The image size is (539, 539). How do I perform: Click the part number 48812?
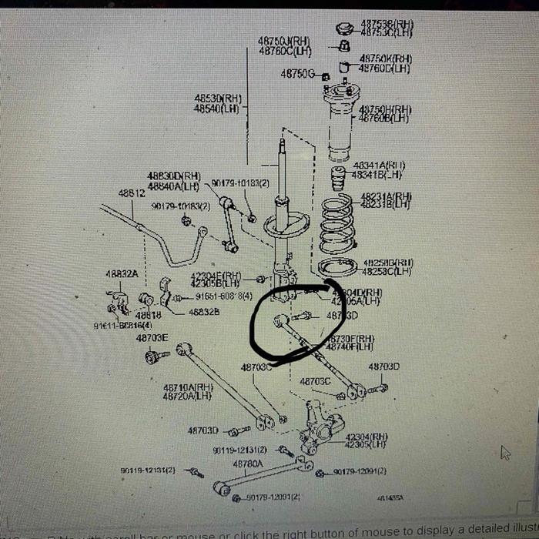tap(132, 193)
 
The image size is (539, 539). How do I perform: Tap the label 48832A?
tap(122, 273)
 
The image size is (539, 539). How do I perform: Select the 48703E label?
tap(152, 337)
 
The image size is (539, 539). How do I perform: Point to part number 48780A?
tap(249, 464)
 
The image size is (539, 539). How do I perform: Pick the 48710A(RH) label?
tap(188, 387)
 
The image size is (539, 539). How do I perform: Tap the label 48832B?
tap(204, 312)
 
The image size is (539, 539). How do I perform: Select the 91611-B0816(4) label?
tap(123, 326)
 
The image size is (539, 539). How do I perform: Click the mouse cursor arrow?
tap(505, 452)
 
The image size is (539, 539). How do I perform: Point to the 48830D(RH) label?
tap(174, 176)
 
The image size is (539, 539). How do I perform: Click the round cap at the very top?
tap(344, 29)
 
